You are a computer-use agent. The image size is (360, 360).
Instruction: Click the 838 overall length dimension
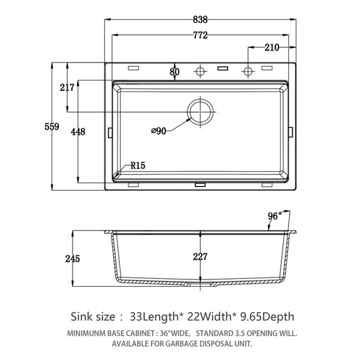click(200, 20)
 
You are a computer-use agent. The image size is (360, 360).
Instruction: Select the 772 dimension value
click(200, 35)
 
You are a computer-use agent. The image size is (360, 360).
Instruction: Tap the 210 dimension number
click(272, 47)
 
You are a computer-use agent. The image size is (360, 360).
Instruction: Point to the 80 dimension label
click(175, 72)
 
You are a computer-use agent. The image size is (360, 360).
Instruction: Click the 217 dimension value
click(67, 88)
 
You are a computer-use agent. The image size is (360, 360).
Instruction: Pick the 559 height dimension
click(52, 127)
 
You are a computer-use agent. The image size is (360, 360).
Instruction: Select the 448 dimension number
click(78, 132)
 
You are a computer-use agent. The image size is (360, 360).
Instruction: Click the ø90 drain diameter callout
click(158, 131)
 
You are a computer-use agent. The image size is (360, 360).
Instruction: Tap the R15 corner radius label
click(138, 166)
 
